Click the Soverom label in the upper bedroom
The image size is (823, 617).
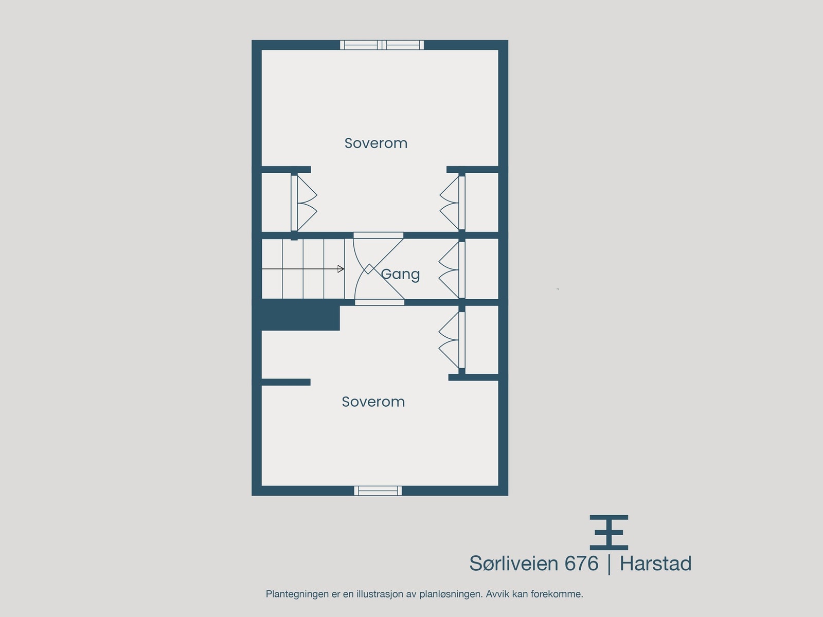coord(376,143)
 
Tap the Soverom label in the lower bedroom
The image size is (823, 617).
coord(373,402)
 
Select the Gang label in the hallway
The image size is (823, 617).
coord(401,274)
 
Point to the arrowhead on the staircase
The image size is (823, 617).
coord(341,269)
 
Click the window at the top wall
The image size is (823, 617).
coord(382,45)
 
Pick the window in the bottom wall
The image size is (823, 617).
coord(378,491)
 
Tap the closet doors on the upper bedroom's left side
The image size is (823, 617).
coord(304,203)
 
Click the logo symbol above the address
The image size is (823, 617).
coord(609,532)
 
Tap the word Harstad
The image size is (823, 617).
coord(655,564)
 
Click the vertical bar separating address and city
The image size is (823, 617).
coord(610,564)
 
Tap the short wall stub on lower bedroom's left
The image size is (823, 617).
coord(285,382)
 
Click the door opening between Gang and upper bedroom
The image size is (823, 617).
coord(378,235)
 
